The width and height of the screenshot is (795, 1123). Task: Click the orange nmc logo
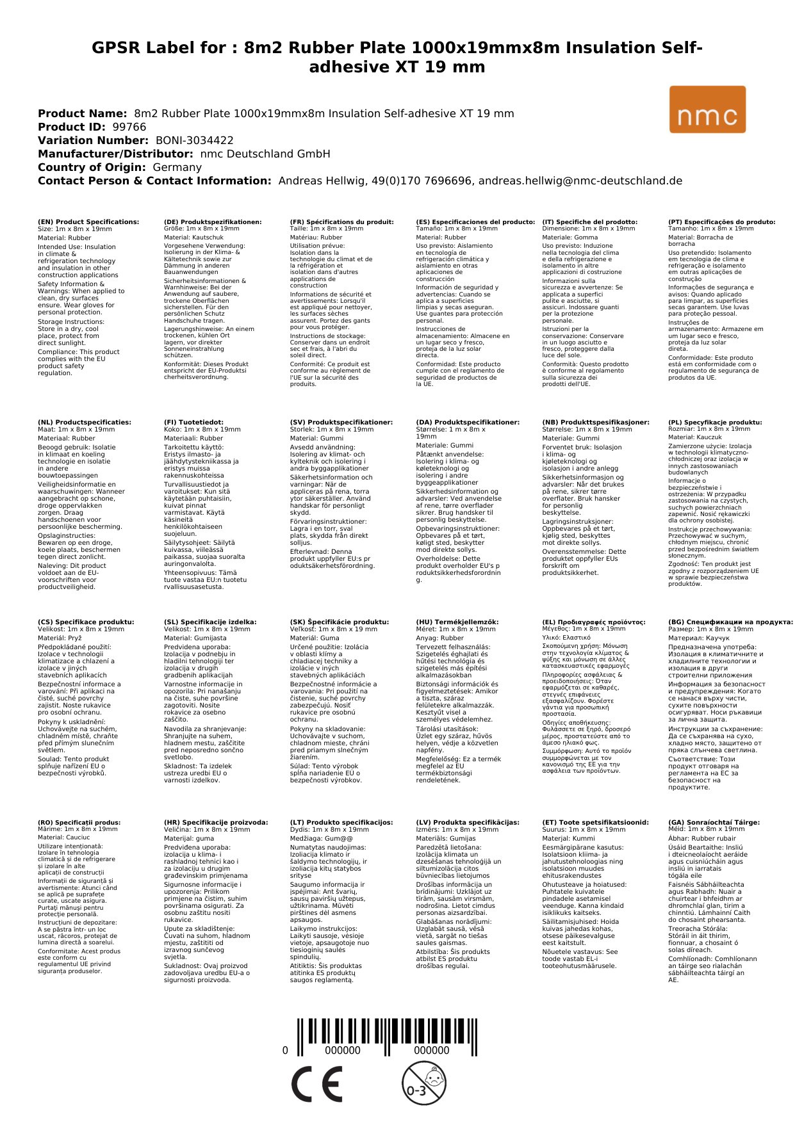[707, 109]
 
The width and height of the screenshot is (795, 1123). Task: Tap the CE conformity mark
[316, 1085]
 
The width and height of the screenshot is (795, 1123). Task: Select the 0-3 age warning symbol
[423, 1083]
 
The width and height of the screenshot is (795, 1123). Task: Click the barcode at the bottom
[386, 1038]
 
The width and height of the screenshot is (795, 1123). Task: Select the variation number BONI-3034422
[194, 140]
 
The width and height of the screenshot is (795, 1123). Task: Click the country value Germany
[177, 167]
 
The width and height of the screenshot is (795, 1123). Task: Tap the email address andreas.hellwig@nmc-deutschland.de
[580, 181]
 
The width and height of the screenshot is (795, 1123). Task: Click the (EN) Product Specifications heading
[88, 222]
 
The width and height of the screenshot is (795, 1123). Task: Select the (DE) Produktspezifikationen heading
[213, 222]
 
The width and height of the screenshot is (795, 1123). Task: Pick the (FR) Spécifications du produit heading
[341, 222]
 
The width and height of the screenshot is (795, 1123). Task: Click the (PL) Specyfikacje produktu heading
[715, 423]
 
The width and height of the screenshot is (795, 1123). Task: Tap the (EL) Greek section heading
[594, 622]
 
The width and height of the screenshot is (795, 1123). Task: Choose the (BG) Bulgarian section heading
[730, 622]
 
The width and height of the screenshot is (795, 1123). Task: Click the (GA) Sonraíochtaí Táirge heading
[714, 823]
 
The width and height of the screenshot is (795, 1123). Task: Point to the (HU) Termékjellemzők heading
[457, 622]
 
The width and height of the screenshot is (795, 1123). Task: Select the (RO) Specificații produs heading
[79, 823]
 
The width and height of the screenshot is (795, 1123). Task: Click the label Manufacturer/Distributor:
[115, 154]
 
